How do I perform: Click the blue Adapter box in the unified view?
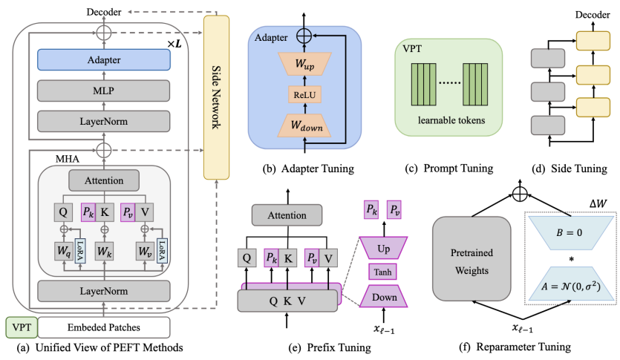tap(105, 59)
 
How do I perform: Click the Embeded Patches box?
tap(104, 327)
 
